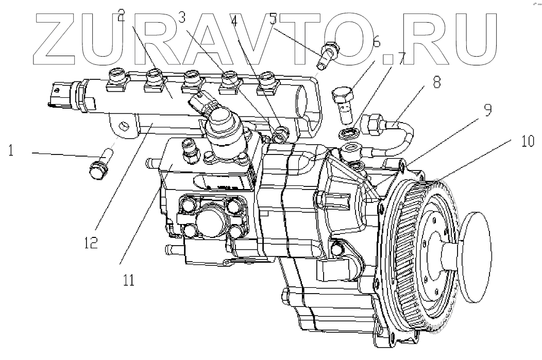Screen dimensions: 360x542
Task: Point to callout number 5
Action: click(x=273, y=18)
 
